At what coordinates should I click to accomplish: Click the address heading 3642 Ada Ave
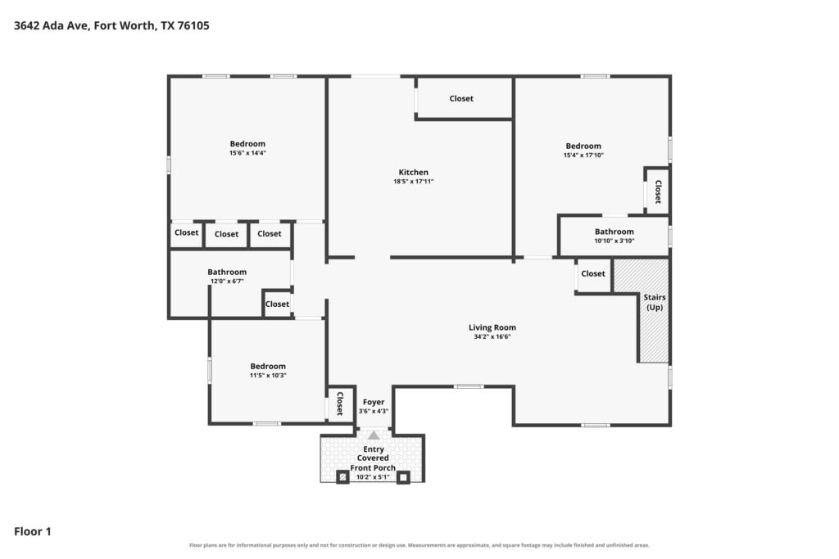tap(111, 25)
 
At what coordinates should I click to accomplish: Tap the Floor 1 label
tap(33, 531)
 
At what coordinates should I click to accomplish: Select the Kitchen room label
tap(413, 172)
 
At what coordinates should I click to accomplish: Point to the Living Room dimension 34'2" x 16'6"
tap(492, 336)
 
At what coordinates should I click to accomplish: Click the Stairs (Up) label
tap(655, 302)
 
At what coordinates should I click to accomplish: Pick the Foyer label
tap(374, 402)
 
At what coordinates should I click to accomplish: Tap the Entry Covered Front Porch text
tap(373, 458)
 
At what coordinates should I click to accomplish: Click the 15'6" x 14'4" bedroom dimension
tap(247, 153)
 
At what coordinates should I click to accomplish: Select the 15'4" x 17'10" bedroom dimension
tap(583, 155)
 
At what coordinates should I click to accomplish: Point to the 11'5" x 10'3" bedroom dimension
tap(268, 375)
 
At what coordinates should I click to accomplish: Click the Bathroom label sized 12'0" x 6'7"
tap(227, 272)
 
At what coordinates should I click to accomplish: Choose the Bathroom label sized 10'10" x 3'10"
tap(615, 232)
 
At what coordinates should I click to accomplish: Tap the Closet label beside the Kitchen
tap(461, 98)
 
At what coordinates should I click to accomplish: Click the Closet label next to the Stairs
tap(593, 273)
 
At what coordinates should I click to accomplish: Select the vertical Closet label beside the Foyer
tap(339, 403)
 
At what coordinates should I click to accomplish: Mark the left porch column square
tap(342, 476)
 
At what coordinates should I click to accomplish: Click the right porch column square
tap(403, 476)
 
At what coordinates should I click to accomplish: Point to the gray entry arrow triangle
tap(374, 435)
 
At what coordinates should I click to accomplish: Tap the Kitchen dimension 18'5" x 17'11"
tap(414, 181)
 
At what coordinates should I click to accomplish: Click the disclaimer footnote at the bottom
tap(419, 545)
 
